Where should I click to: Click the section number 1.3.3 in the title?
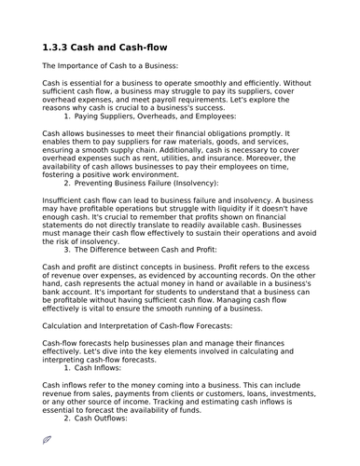[x=60, y=48]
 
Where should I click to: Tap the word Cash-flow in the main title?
[x=170, y=48]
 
